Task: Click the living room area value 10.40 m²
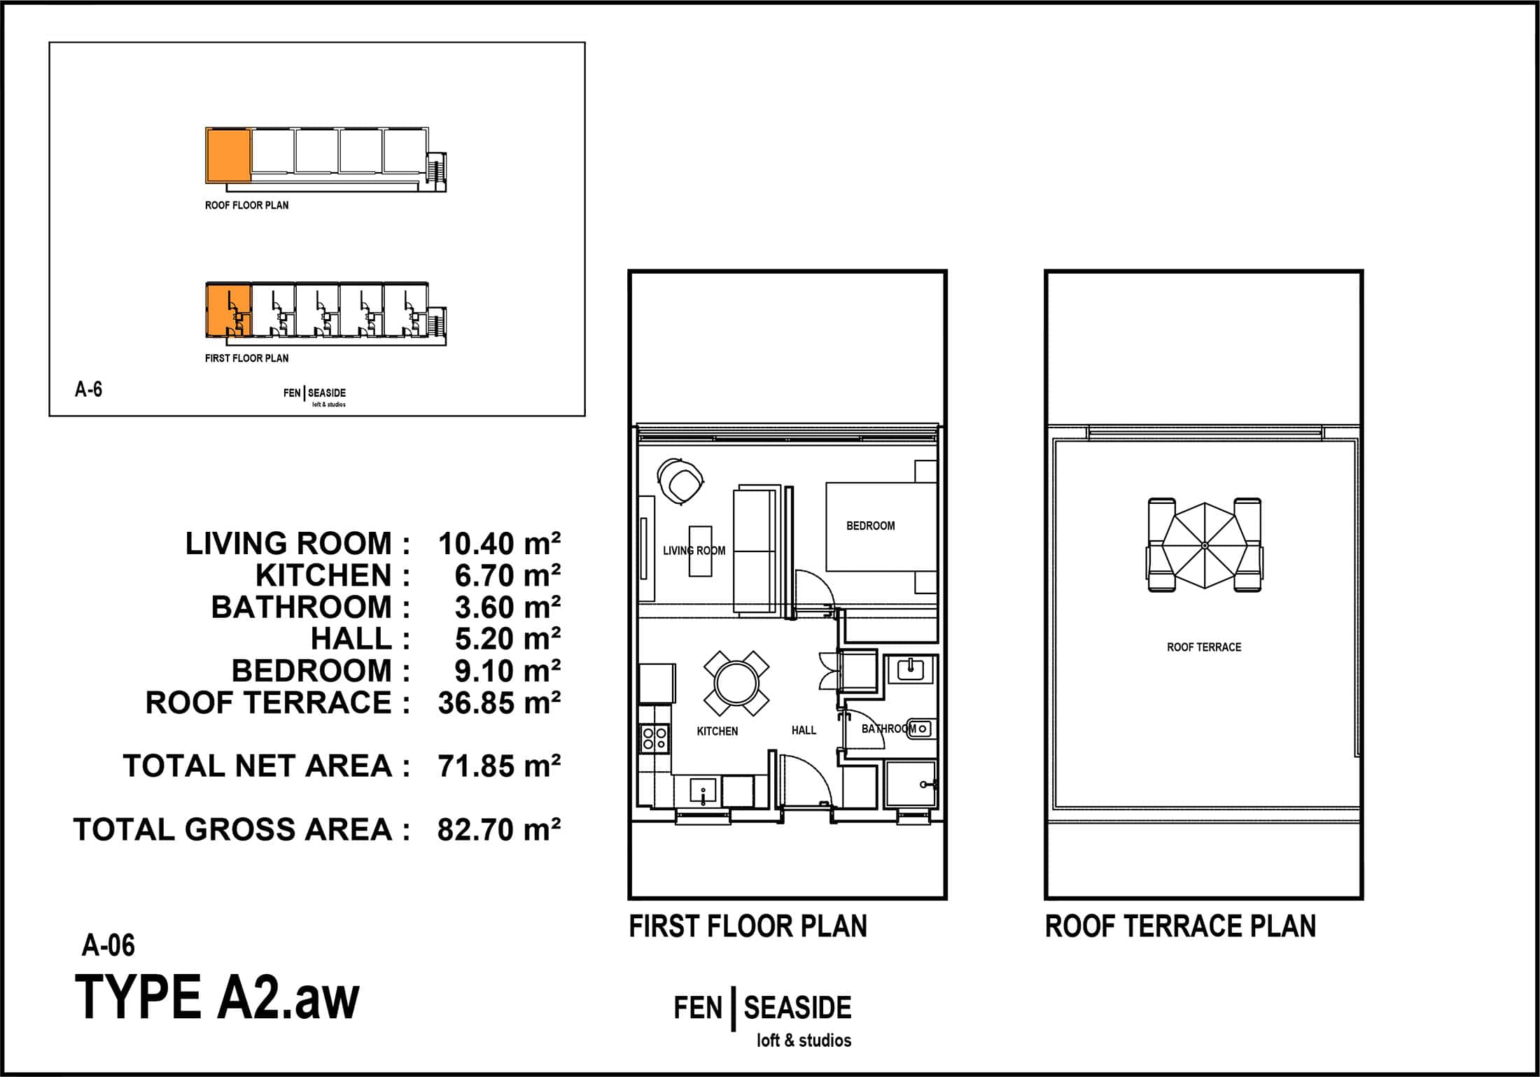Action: [499, 544]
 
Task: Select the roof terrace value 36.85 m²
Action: [499, 703]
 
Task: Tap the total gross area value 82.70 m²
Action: [499, 830]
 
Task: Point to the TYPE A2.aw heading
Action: [217, 997]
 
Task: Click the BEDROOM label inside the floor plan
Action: [870, 526]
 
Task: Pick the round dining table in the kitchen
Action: [736, 683]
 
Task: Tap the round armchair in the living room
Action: [680, 481]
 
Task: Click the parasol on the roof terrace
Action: [1204, 545]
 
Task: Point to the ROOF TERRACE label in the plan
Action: [1204, 647]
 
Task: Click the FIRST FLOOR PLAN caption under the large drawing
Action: [748, 927]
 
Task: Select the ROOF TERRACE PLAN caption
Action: [1180, 927]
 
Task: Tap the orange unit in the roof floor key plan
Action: [228, 155]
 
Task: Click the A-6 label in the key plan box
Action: [89, 389]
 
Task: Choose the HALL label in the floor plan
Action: [804, 730]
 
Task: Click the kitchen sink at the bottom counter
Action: [703, 791]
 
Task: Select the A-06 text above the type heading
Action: [108, 945]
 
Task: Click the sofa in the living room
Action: [757, 550]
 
